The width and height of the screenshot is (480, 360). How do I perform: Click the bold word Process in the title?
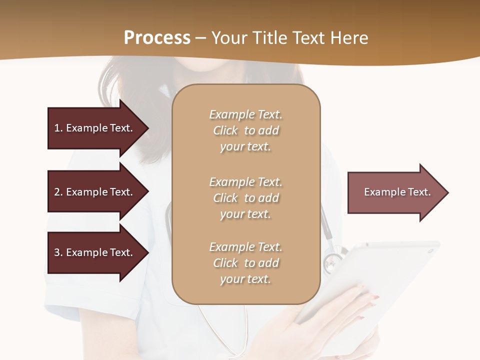tap(157, 38)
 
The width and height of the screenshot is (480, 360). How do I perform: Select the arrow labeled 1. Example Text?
tap(95, 128)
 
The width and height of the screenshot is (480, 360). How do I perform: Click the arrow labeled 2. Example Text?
tap(95, 192)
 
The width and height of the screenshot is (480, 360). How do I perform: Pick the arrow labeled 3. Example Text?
tap(95, 252)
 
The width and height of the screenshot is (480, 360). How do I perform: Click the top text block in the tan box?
tap(245, 130)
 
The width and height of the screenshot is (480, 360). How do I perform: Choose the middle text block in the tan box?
tap(245, 198)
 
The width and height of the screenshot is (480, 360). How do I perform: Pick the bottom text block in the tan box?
tap(245, 263)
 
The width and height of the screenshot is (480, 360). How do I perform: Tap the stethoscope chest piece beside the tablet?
tap(332, 261)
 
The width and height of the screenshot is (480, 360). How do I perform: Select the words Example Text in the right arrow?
tap(397, 192)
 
